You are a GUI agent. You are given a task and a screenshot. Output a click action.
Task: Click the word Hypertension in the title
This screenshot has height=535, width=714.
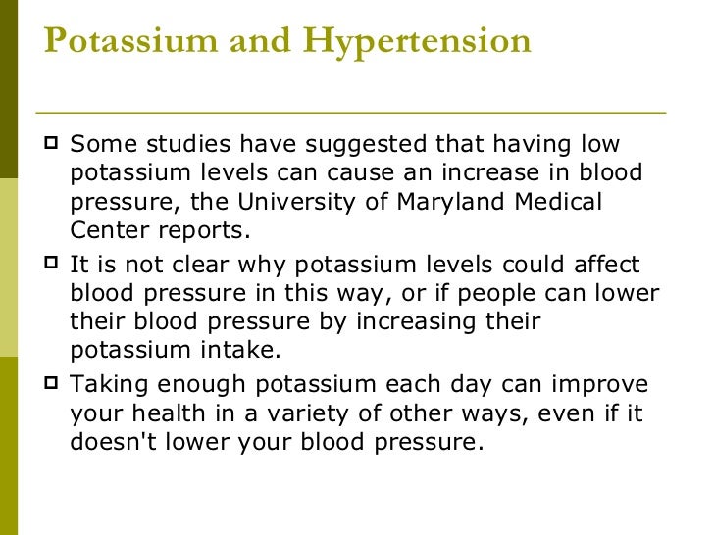[x=417, y=41]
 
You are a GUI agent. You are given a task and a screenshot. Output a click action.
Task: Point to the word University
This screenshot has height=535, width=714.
[x=331, y=203]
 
